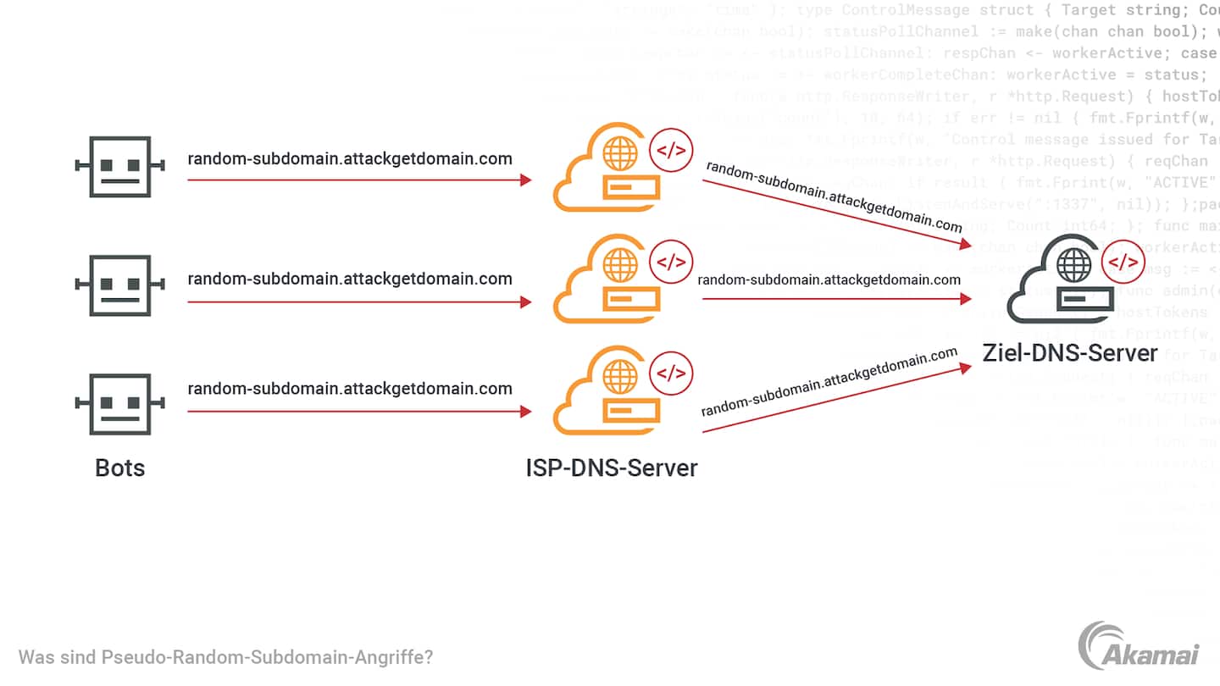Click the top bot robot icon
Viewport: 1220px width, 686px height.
119,167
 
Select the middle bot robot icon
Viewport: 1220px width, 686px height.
119,286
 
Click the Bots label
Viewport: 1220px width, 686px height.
119,467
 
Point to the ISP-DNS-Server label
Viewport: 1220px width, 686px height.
612,467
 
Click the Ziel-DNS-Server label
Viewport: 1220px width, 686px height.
1069,352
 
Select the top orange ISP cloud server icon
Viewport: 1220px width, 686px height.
606,169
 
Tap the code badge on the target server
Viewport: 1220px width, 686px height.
1123,263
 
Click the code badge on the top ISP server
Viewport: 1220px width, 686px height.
671,151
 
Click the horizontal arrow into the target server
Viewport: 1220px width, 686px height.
835,298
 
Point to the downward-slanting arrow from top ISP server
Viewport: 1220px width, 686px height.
835,213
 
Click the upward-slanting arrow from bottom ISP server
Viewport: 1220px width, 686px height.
835,399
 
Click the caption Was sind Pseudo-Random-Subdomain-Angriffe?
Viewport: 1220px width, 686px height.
225,657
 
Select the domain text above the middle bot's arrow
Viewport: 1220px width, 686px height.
350,279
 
